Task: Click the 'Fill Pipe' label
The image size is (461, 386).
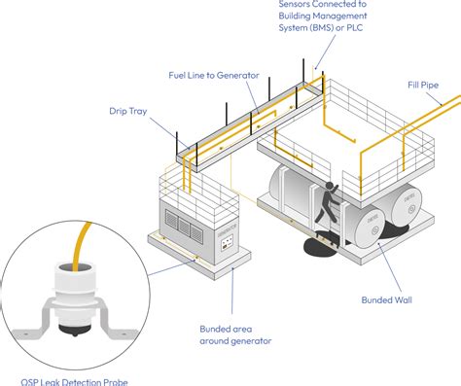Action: tap(423, 85)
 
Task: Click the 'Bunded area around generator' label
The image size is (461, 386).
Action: tap(232, 334)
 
